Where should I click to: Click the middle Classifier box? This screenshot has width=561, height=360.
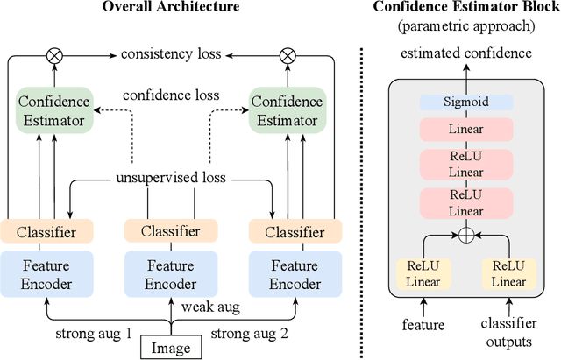click(172, 231)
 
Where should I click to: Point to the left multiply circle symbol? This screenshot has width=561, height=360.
click(56, 54)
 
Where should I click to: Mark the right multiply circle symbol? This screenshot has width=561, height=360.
click(286, 54)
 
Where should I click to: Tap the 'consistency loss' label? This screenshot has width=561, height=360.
click(171, 54)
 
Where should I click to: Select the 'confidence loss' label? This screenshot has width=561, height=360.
click(171, 95)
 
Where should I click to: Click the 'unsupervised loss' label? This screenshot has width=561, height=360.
click(171, 177)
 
